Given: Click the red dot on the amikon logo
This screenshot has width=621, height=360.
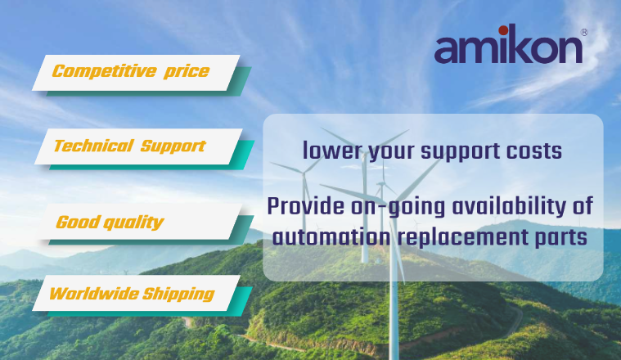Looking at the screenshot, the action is tap(503, 30).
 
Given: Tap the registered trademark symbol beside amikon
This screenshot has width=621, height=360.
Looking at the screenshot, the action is tap(584, 33).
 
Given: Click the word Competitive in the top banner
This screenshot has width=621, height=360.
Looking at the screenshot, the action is tap(105, 71).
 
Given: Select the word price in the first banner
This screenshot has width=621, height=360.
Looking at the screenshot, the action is tap(187, 72).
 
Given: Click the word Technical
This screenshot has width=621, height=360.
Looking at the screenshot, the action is tap(93, 146).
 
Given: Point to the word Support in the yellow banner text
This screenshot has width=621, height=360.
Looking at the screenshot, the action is tap(173, 146).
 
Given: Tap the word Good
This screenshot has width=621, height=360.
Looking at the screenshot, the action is tap(78, 222).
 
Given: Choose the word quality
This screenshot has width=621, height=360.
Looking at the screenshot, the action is tap(133, 223).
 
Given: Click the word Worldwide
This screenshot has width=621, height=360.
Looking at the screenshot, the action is tap(94, 294).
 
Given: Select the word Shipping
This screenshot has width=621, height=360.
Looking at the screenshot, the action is tap(178, 295).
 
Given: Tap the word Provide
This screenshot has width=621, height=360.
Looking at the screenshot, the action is tap(306, 206).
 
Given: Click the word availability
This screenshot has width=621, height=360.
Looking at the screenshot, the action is tap(509, 207).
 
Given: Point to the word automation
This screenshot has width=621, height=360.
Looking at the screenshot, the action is tap(331, 237).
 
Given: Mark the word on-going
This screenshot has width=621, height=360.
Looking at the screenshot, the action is tap(398, 208).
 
